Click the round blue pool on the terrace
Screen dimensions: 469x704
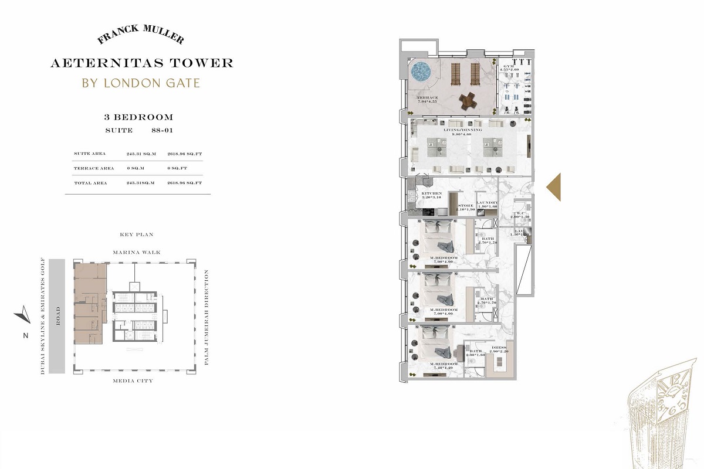(421, 73)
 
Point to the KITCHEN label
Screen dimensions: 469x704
(431, 193)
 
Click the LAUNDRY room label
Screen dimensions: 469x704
(487, 203)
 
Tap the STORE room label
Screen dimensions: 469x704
(466, 206)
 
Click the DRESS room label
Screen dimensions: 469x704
(499, 348)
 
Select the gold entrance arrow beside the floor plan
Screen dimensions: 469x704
(554, 187)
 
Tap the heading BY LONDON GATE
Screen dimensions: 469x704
(141, 83)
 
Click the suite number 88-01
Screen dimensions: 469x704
(156, 130)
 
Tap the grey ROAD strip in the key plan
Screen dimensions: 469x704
(57, 317)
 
